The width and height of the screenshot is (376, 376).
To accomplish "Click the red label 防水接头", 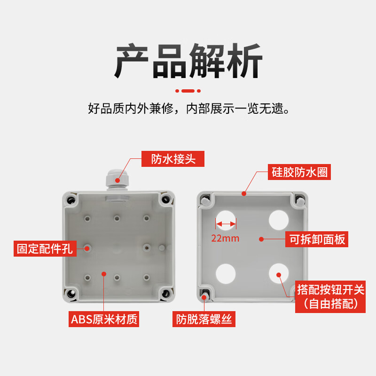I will click(x=173, y=159).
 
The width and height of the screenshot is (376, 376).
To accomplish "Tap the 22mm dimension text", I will click(x=225, y=238).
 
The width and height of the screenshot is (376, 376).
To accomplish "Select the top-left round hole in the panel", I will click(x=226, y=219).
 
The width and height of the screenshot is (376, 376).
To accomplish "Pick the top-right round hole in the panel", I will click(x=278, y=219).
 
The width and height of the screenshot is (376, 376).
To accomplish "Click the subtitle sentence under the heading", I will click(x=188, y=109).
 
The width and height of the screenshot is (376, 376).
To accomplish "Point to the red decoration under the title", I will click(x=188, y=91).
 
